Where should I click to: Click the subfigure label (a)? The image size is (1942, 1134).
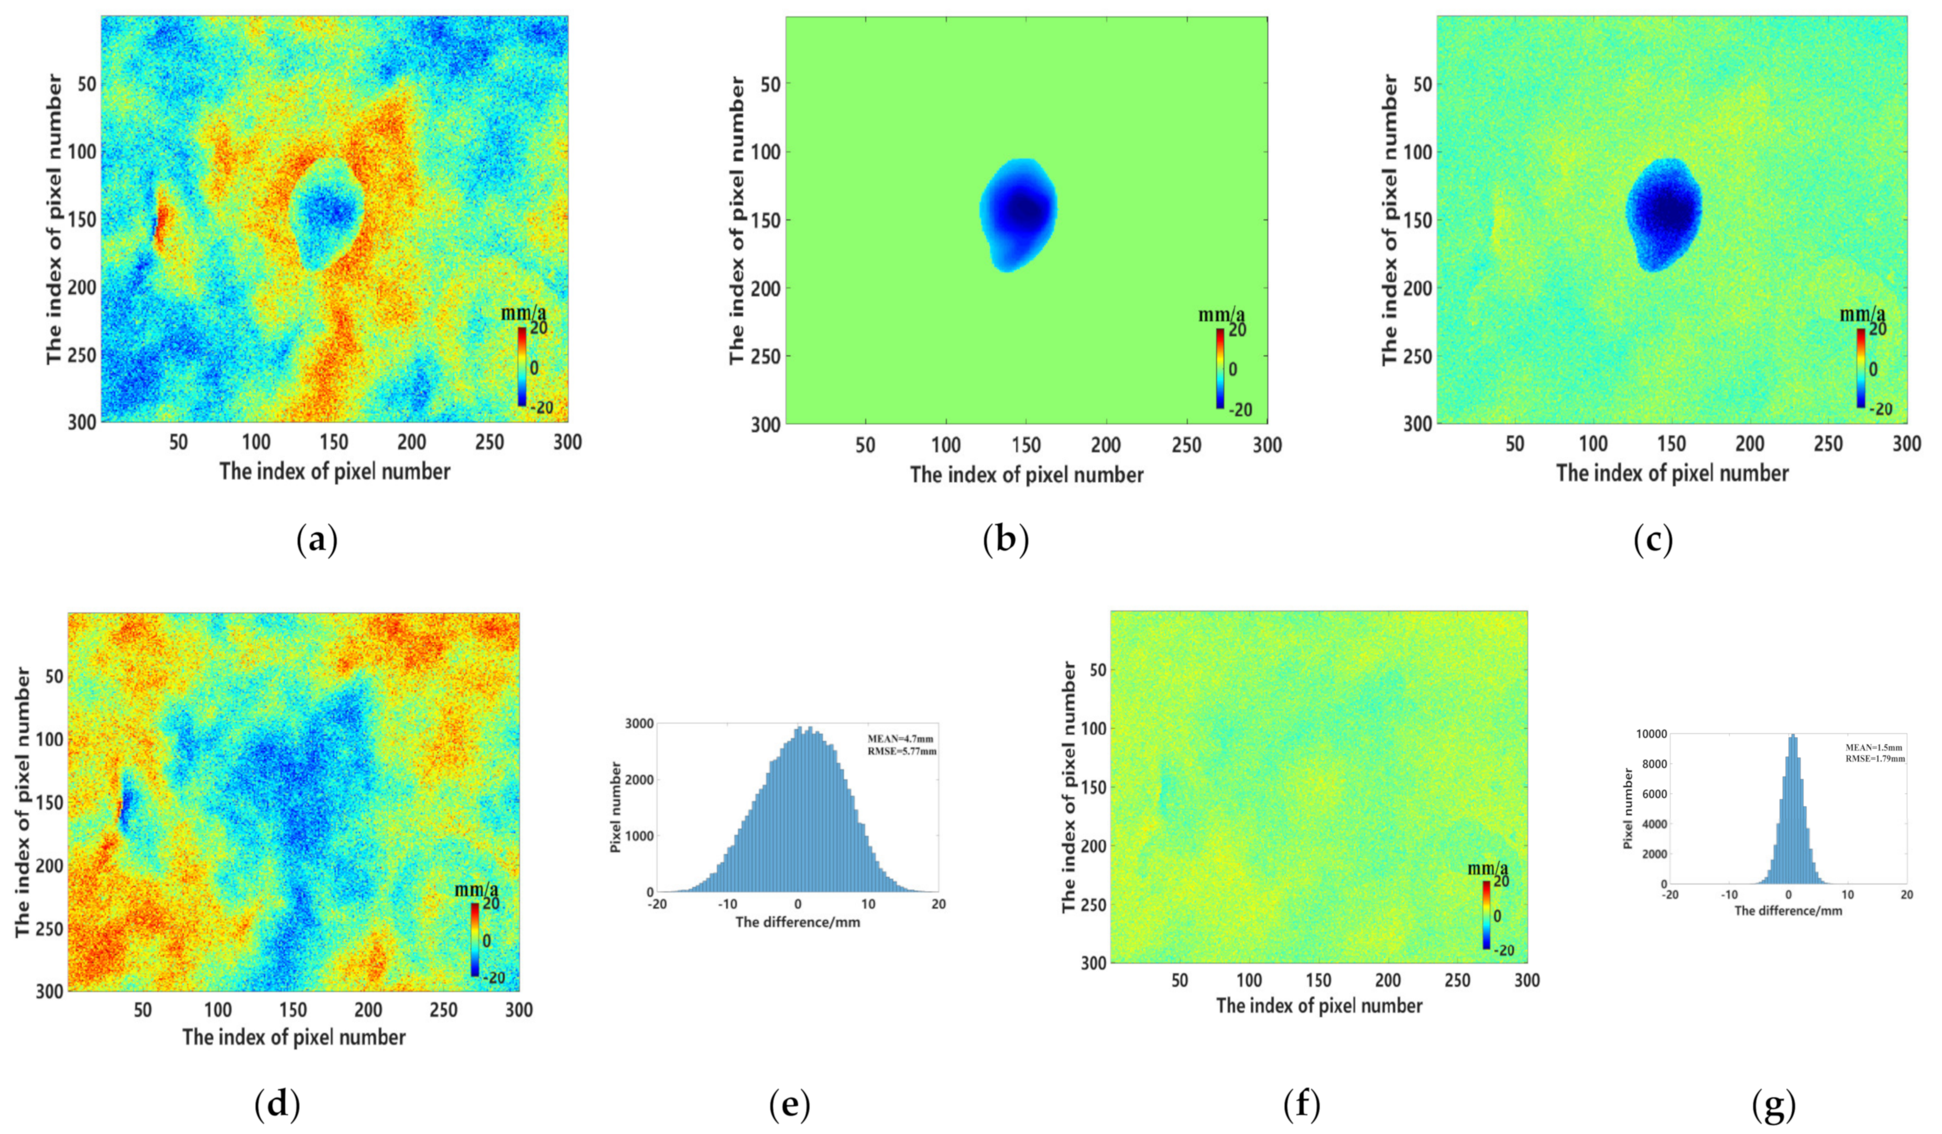(317, 542)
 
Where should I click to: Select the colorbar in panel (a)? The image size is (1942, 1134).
(522, 367)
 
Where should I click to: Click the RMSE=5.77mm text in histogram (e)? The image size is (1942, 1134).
(902, 751)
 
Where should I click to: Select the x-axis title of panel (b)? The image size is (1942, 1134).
(1027, 475)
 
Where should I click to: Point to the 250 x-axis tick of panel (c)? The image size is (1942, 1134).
(1828, 444)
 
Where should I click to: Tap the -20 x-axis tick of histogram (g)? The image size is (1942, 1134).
(1670, 895)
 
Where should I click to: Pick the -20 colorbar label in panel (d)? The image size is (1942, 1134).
(493, 977)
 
